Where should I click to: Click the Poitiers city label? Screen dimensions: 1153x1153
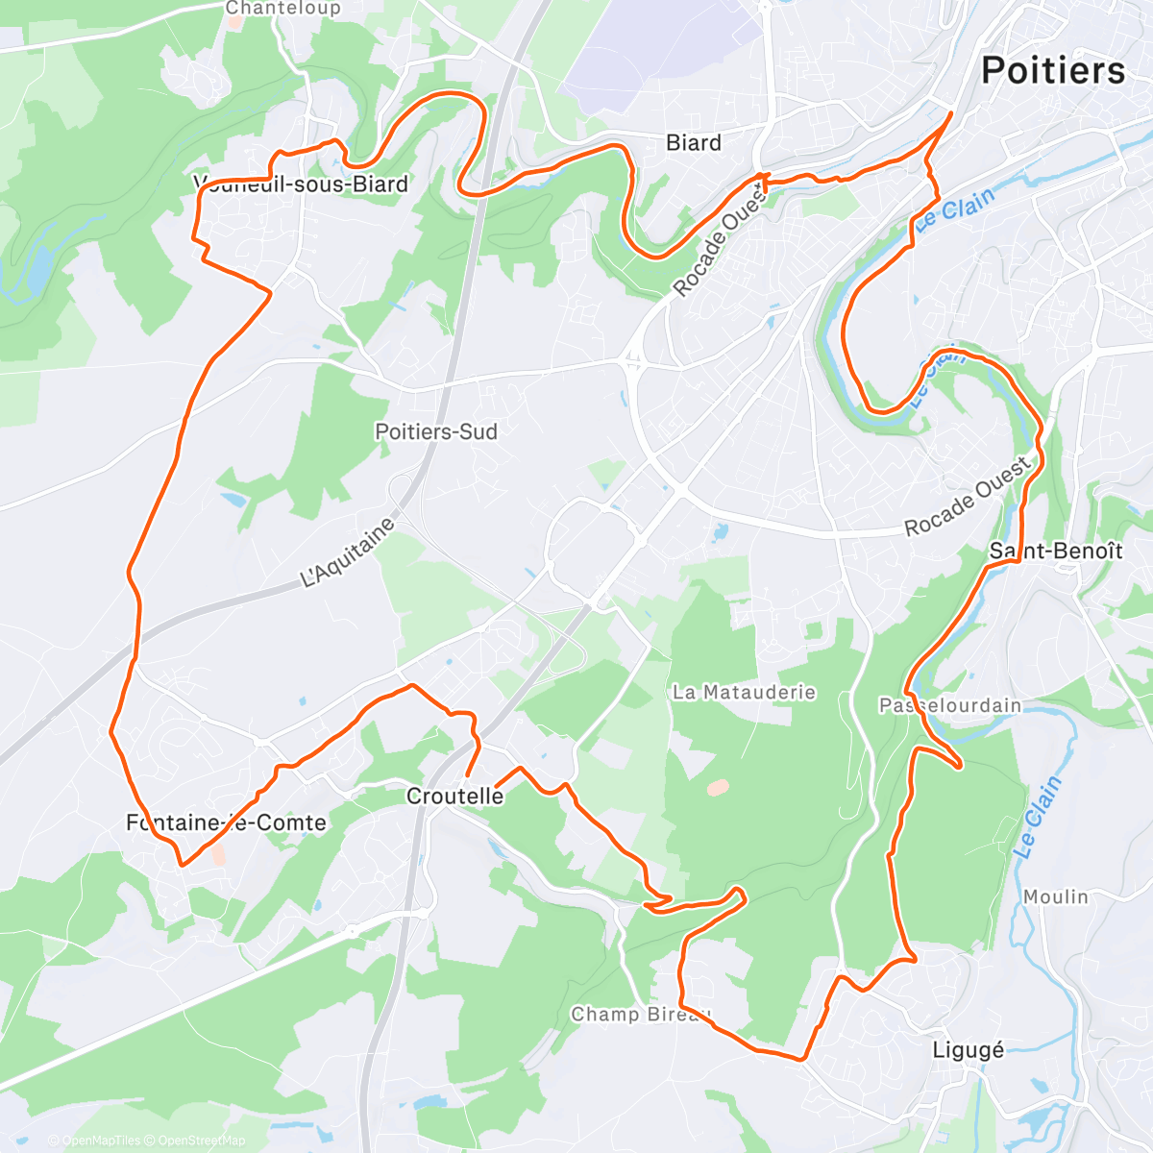(x=1052, y=71)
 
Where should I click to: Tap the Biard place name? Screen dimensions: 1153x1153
(x=693, y=143)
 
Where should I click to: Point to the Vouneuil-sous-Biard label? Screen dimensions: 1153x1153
(x=302, y=184)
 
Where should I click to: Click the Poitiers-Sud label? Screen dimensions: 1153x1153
(x=436, y=431)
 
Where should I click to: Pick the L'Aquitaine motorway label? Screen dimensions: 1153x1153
(x=348, y=553)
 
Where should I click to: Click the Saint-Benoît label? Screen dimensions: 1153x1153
(x=1056, y=551)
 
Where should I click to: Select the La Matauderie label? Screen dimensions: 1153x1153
(x=744, y=692)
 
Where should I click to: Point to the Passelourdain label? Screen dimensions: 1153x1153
(x=950, y=705)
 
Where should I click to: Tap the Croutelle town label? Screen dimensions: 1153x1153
(x=454, y=796)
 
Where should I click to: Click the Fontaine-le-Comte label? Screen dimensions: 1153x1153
(x=226, y=822)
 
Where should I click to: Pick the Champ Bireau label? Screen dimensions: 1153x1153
(x=641, y=1014)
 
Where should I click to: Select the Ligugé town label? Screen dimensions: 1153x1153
(x=968, y=1049)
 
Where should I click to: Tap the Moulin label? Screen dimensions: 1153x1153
(x=1055, y=896)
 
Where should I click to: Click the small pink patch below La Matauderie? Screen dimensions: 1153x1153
(x=717, y=787)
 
